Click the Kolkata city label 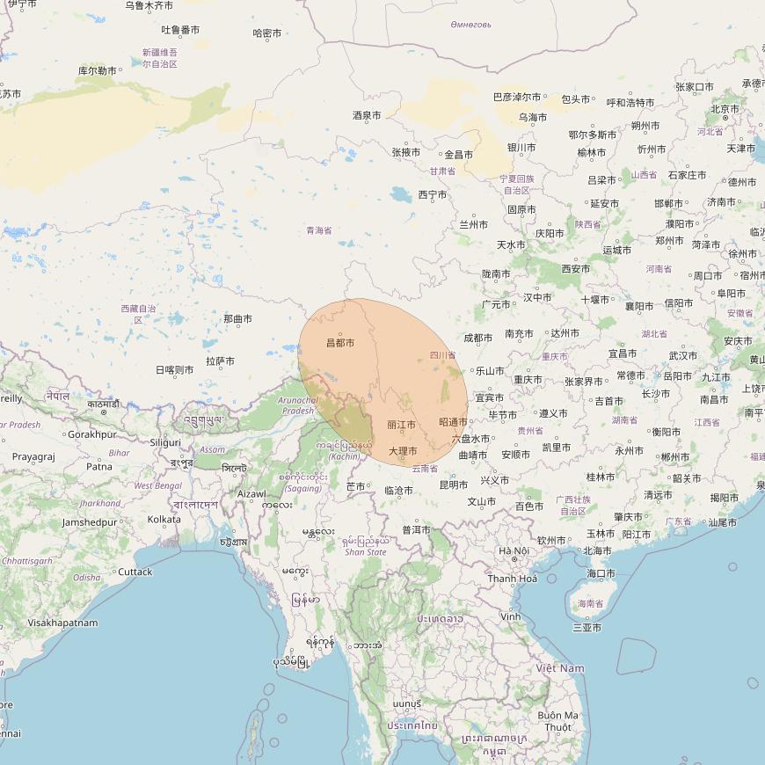(164, 519)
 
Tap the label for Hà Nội (514, 551)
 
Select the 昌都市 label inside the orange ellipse (340, 342)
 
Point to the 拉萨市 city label (220, 361)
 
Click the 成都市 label (477, 338)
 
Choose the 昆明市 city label (453, 484)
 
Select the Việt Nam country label (560, 668)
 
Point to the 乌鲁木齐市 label (149, 5)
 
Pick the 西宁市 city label (433, 194)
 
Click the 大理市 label (403, 451)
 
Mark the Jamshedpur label (89, 521)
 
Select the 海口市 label (601, 573)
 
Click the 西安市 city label (576, 268)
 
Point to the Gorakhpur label (92, 434)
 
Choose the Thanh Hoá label (513, 579)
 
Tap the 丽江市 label (401, 425)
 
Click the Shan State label (366, 552)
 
